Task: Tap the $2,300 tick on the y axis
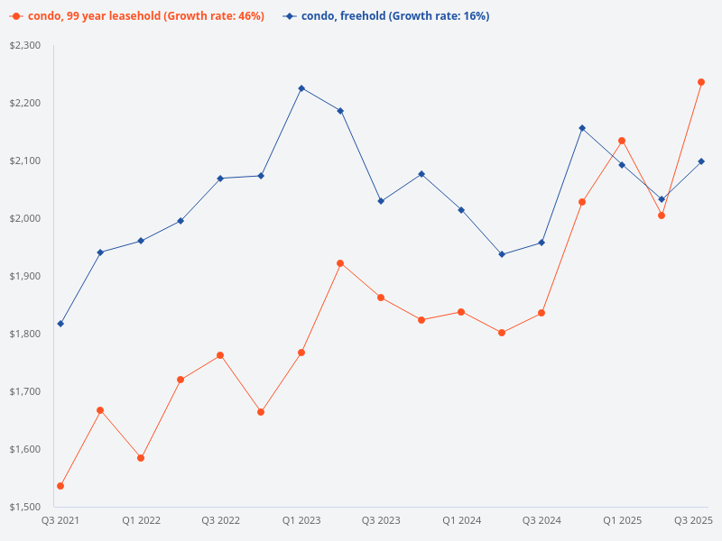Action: coord(26,45)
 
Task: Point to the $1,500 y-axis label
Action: coord(26,507)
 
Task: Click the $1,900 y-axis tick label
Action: coord(26,276)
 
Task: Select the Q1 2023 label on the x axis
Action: coord(301,521)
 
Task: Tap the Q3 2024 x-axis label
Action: coord(541,521)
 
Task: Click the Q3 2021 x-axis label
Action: coord(60,521)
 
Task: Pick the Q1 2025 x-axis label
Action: coord(622,521)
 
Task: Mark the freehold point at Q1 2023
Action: coord(301,88)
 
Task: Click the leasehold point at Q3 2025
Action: coord(701,82)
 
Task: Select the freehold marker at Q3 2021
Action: coord(60,324)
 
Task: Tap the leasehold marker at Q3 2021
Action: coord(60,486)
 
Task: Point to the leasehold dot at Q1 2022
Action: coord(141,458)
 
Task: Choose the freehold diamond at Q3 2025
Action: coord(701,161)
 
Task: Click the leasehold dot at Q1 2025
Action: coord(622,141)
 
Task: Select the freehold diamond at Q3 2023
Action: coord(381,201)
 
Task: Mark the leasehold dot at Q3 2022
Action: coord(220,355)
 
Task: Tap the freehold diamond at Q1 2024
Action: coord(461,210)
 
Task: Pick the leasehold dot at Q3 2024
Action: coord(541,313)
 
